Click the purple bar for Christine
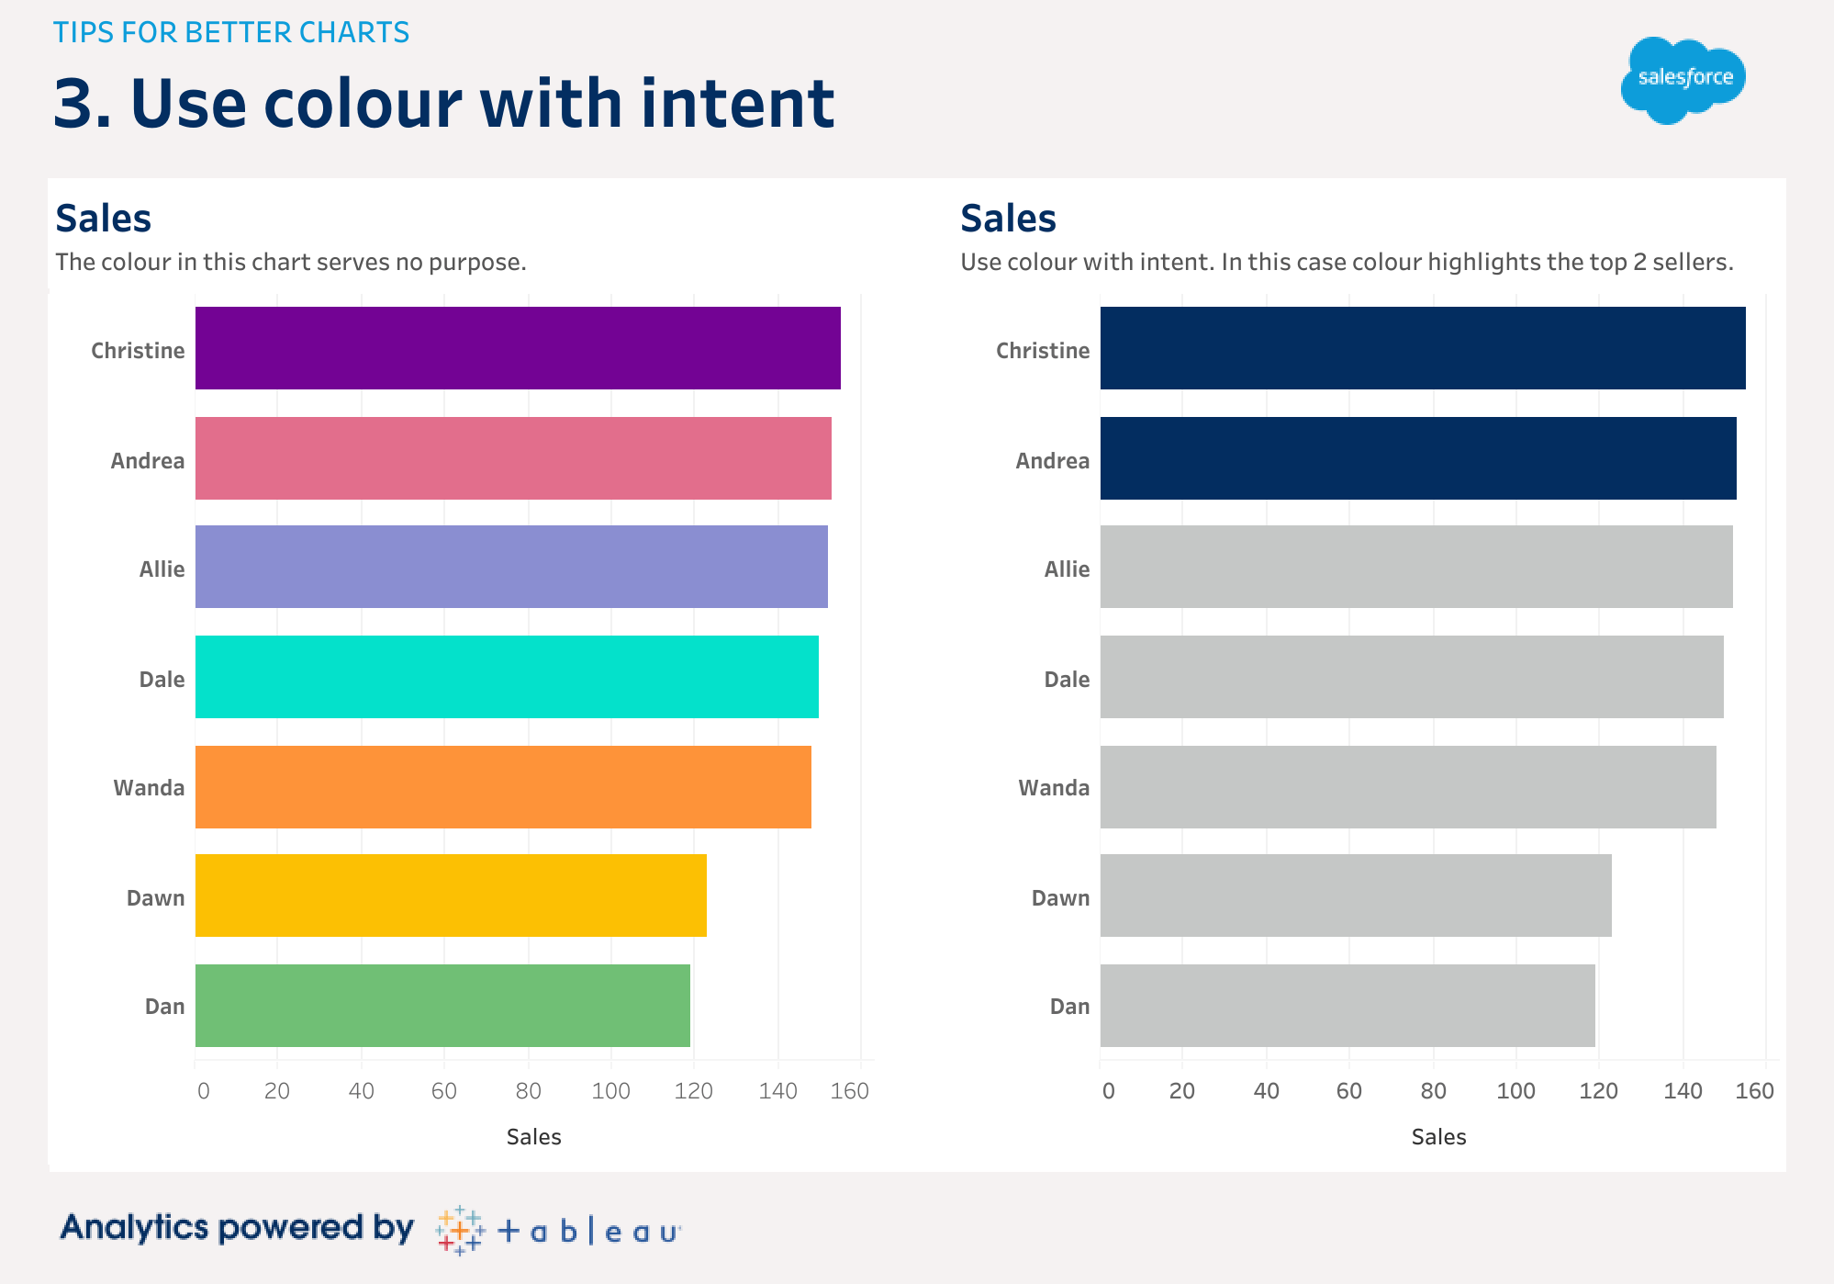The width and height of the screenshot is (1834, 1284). (518, 348)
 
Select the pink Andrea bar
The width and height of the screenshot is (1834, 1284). (513, 458)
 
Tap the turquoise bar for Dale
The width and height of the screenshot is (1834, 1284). (507, 677)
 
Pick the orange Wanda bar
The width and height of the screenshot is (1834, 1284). (503, 787)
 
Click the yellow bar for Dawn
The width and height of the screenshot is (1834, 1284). (451, 895)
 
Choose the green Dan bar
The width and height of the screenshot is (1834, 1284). (442, 1006)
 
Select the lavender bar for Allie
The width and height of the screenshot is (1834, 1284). (511, 567)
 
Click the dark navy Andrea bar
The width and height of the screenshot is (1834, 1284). (1418, 458)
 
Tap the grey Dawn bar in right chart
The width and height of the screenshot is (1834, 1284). (1356, 895)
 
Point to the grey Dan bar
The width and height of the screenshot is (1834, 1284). (1348, 1006)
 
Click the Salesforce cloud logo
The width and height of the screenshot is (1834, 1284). (1683, 80)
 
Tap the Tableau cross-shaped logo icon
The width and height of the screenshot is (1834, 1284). (460, 1231)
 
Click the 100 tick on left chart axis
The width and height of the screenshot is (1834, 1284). (611, 1091)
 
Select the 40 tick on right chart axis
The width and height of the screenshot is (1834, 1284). (1266, 1091)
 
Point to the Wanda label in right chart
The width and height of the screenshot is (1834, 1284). (1054, 788)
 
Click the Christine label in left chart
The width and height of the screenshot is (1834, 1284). (138, 351)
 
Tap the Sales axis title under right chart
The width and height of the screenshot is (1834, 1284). (1438, 1137)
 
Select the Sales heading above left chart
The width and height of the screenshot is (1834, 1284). (103, 219)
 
